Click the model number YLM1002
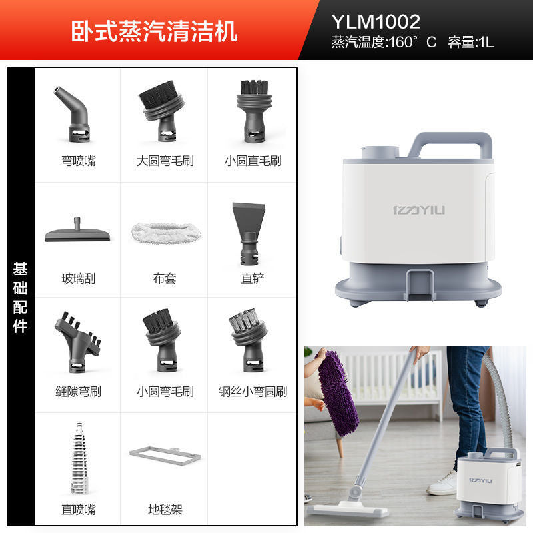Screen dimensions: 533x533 376,22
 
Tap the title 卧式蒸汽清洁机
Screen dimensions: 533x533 154,31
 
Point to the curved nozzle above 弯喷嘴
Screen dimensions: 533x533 74,115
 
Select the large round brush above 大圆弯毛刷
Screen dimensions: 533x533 162,111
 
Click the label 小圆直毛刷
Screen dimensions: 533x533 253,161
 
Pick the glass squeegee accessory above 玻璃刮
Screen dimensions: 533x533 77,231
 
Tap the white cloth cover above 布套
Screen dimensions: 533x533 166,233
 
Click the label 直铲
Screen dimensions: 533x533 253,278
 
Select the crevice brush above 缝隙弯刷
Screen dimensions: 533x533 77,342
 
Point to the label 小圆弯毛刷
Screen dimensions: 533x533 165,392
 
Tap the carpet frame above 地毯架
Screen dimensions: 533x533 165,456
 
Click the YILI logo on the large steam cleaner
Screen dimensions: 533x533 419,210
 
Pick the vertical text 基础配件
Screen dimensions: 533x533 21,298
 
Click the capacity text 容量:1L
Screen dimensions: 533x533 470,42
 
